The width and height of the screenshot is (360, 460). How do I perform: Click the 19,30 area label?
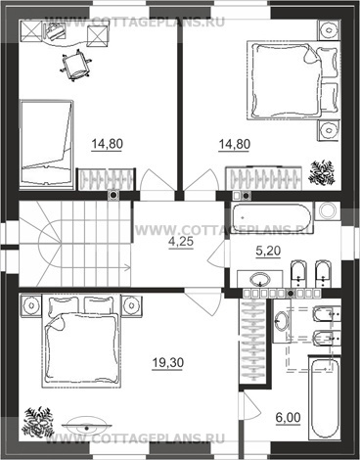[168, 363]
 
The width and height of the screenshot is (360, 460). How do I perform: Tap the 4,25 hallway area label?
[182, 242]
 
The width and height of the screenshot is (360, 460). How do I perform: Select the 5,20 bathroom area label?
[268, 251]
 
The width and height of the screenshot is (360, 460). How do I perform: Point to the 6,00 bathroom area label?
[289, 418]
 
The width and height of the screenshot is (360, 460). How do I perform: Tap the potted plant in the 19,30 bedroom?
[37, 421]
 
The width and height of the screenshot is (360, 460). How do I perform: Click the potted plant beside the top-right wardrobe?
[322, 172]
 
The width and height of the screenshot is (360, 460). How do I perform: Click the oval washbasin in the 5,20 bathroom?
[260, 280]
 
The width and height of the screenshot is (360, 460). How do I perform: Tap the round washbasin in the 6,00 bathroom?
[281, 320]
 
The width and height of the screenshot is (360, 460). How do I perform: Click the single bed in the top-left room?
[46, 144]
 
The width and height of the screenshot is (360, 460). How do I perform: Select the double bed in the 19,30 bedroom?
[81, 342]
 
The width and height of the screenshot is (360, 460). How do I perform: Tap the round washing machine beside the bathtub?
[327, 210]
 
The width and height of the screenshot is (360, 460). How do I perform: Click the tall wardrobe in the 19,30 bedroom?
[253, 341]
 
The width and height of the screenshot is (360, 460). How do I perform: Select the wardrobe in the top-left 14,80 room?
[105, 179]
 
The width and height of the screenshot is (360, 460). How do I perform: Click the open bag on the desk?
[53, 31]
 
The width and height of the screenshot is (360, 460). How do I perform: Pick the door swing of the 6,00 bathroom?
[251, 404]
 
